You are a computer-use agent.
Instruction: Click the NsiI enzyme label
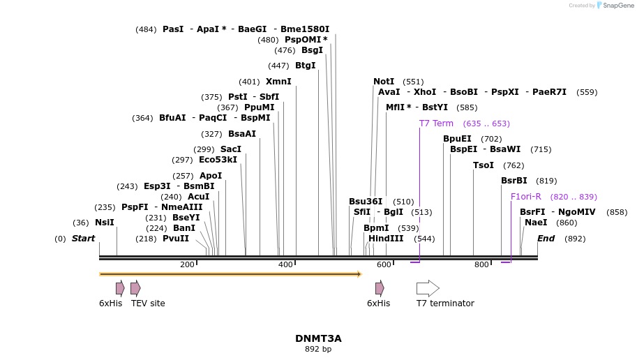pos(105,223)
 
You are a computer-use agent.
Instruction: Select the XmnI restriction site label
pos(278,82)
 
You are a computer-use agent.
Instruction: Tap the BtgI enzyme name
pos(306,66)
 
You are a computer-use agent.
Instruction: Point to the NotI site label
pos(384,82)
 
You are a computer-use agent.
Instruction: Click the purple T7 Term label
pos(436,123)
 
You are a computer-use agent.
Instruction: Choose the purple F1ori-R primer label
pos(525,197)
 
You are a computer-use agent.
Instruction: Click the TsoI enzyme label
pos(484,165)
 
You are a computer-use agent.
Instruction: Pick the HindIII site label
pos(386,239)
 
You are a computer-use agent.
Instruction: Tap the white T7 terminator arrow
pos(428,288)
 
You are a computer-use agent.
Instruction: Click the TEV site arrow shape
pos(135,288)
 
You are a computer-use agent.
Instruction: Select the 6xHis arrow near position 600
pos(380,288)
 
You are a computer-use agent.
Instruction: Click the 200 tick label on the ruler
pos(187,265)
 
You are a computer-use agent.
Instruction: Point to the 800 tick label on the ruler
pos(481,265)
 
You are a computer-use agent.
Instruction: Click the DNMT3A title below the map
pos(318,338)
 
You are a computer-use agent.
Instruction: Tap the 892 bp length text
pos(318,349)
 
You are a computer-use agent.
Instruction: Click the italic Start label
pos(83,239)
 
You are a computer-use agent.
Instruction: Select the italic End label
pos(546,239)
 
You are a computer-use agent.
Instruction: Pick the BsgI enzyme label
pos(312,50)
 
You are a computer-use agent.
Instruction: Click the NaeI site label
pos(536,223)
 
